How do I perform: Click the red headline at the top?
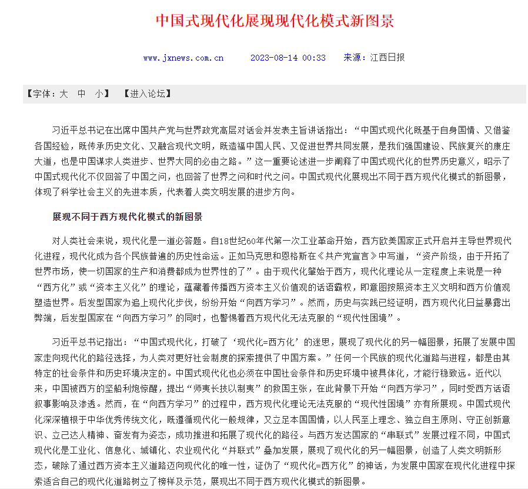click(275, 21)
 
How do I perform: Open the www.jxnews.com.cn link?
click(183, 58)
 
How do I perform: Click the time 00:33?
click(314, 58)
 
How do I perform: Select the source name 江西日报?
click(387, 58)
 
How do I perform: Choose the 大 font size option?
click(64, 94)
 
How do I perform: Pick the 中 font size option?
click(82, 94)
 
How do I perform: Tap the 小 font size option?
click(99, 94)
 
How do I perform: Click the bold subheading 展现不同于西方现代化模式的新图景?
click(127, 217)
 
